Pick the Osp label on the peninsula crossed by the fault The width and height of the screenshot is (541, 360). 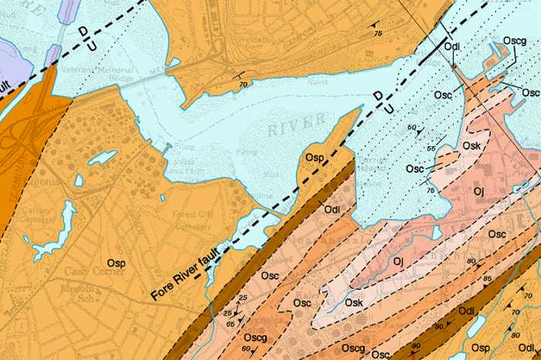pos(315,158)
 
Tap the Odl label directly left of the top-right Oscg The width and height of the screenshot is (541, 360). pos(453,46)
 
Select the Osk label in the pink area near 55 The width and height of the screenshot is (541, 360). pos(451,145)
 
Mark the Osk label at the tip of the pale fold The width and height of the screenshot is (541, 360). pos(354,302)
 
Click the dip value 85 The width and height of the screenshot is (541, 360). pos(487,277)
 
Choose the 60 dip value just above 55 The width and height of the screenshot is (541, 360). pos(412,127)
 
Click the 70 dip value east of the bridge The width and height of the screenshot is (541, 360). pos(243,83)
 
